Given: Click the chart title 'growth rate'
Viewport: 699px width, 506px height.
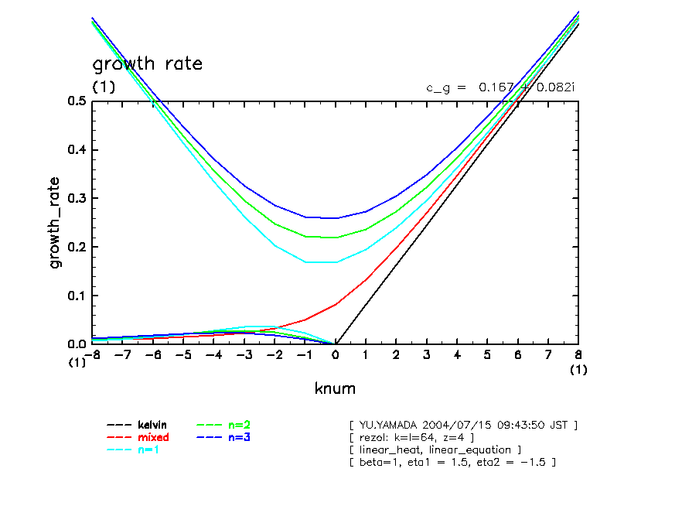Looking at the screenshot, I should pyautogui.click(x=147, y=63).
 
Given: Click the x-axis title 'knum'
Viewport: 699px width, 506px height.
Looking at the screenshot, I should pyautogui.click(x=335, y=388).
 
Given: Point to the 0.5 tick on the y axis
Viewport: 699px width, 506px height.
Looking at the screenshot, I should pyautogui.click(x=77, y=101).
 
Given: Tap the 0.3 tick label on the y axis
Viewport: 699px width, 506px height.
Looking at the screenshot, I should pyautogui.click(x=77, y=198).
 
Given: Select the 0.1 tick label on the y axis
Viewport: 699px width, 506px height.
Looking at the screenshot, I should pyautogui.click(x=77, y=296).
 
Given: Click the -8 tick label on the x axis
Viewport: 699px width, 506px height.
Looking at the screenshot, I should pyautogui.click(x=93, y=354).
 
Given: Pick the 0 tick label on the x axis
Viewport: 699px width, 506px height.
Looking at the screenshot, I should pyautogui.click(x=336, y=354).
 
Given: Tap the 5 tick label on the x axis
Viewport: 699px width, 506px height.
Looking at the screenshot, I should pyautogui.click(x=487, y=354).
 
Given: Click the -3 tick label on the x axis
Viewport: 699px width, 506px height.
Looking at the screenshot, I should pyautogui.click(x=244, y=354).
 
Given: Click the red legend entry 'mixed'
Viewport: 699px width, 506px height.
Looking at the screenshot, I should pyautogui.click(x=152, y=437).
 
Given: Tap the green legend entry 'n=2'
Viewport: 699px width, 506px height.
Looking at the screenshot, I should pyautogui.click(x=239, y=425).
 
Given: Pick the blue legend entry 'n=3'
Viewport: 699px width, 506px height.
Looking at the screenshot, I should pyautogui.click(x=239, y=437).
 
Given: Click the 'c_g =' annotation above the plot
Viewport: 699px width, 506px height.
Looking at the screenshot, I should pyautogui.click(x=446, y=87).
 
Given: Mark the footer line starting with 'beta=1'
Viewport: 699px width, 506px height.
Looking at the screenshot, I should pyautogui.click(x=452, y=462).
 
